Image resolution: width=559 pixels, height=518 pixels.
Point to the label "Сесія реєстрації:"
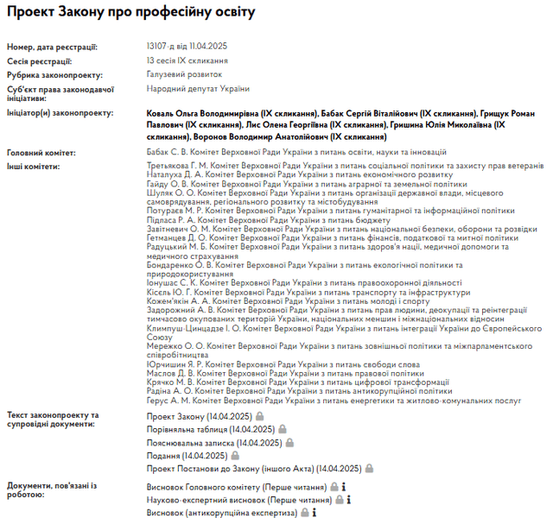coord(39,61)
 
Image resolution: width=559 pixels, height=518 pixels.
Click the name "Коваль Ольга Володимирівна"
coord(201,113)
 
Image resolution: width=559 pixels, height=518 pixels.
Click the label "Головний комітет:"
coord(41,153)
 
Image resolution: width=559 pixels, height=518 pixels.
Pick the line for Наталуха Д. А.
coord(295,174)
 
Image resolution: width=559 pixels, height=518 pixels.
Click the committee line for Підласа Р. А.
coord(268,220)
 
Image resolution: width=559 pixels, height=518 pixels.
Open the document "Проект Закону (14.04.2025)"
coord(198,416)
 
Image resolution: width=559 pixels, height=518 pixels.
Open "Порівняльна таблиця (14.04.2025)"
coord(210,429)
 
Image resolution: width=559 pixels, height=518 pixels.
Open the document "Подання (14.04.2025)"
coord(187,456)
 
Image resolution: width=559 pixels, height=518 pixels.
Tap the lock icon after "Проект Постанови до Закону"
coord(369,469)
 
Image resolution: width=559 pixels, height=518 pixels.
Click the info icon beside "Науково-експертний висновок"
coord(348,500)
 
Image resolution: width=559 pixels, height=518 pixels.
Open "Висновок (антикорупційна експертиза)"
coord(222,512)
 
